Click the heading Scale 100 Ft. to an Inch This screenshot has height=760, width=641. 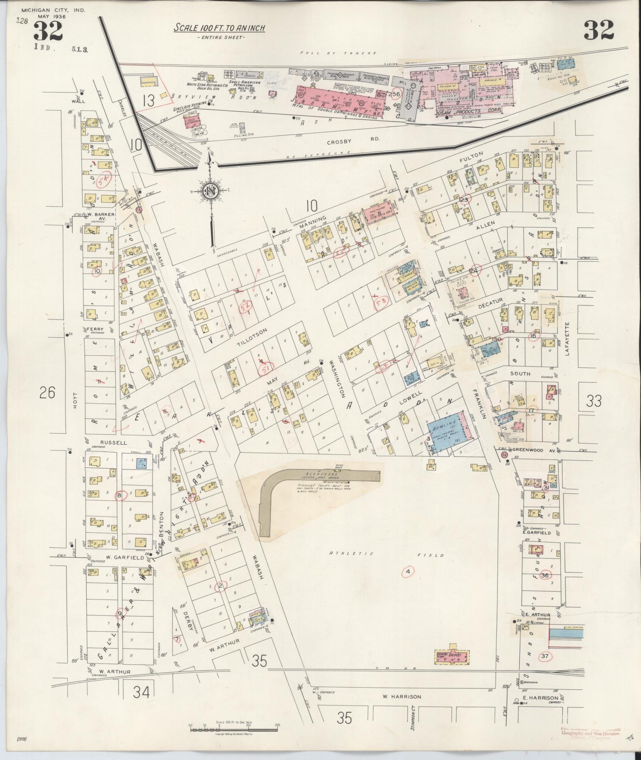[x=219, y=28]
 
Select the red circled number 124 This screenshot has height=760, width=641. [x=473, y=271]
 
